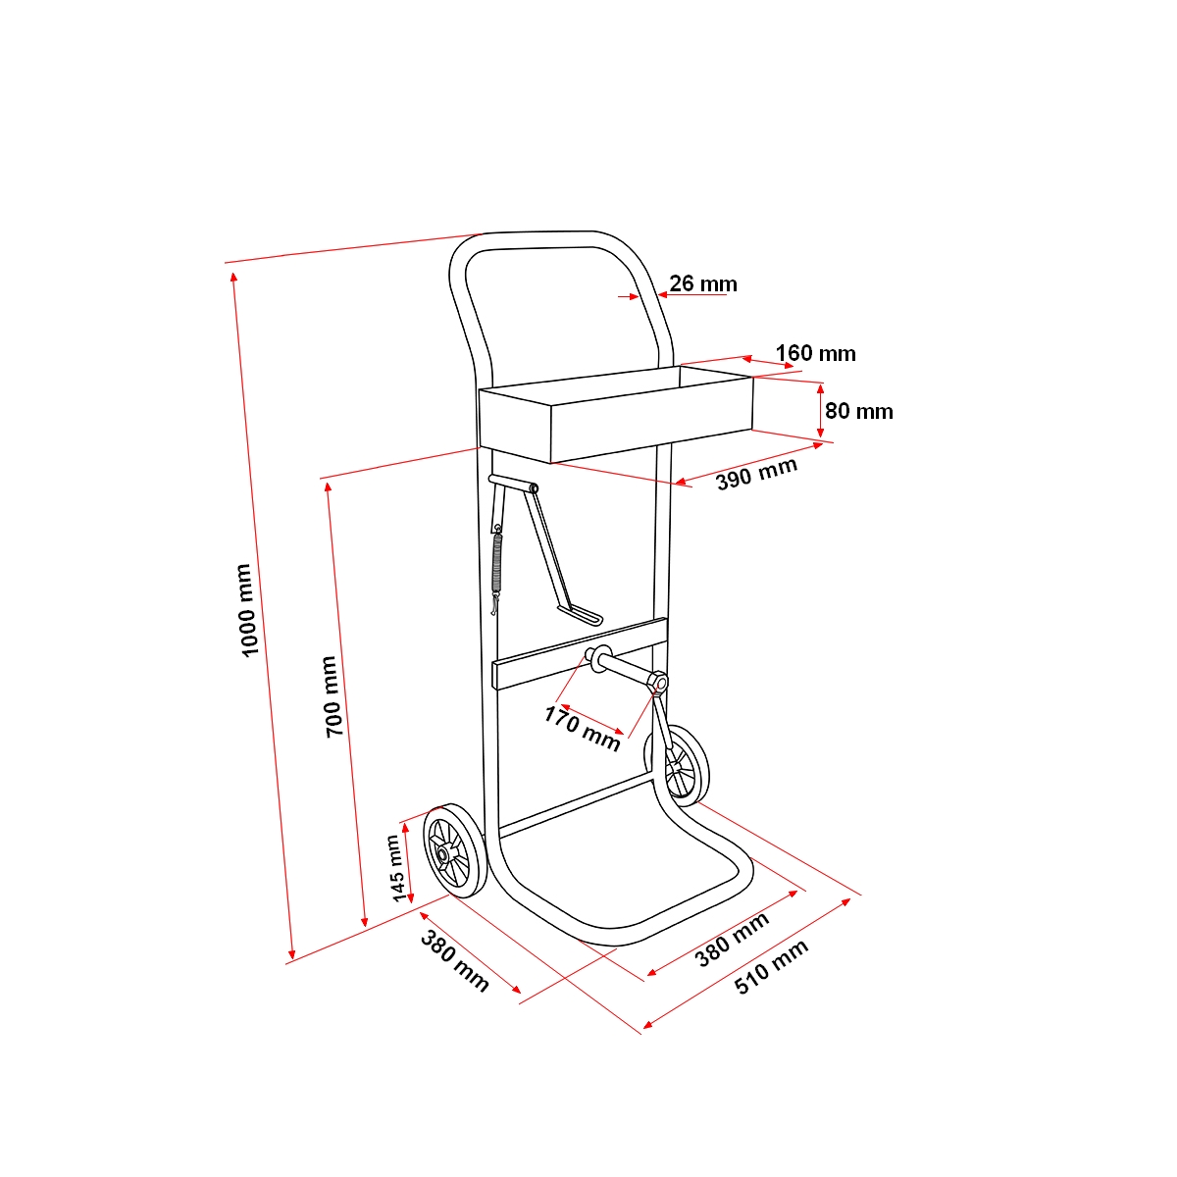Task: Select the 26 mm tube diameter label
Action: tap(703, 284)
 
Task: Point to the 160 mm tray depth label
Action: tap(815, 353)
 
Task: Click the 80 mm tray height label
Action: tap(859, 411)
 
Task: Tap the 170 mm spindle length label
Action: tap(582, 728)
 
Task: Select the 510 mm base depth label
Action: tap(772, 967)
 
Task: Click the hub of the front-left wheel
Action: tap(444, 854)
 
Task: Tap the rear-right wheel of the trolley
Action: tap(678, 766)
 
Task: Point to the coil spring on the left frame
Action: tap(498, 563)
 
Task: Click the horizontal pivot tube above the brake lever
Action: tap(513, 483)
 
